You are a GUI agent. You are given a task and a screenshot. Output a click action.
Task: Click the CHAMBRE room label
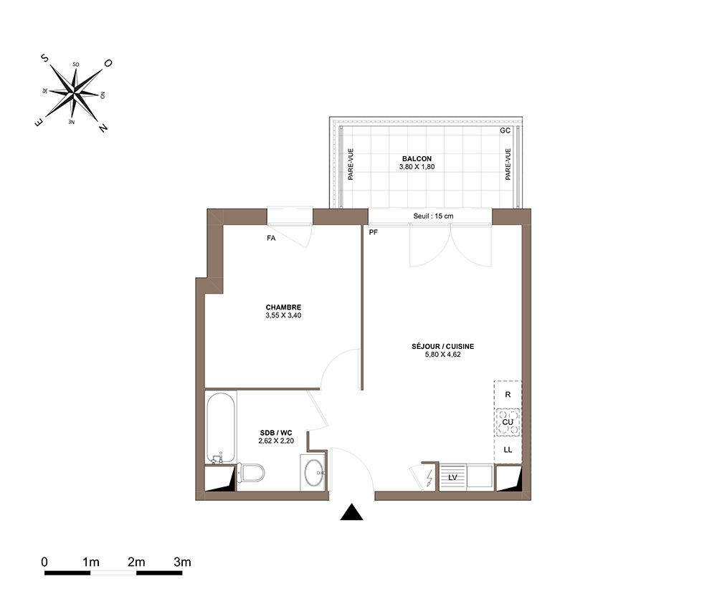click(x=283, y=307)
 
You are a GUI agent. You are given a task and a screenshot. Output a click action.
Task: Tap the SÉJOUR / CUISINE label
click(x=442, y=347)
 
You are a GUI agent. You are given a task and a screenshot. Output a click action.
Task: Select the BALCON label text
click(x=417, y=159)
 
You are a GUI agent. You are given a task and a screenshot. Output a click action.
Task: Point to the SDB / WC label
click(x=276, y=433)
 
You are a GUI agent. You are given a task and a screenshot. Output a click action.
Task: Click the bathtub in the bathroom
click(x=221, y=428)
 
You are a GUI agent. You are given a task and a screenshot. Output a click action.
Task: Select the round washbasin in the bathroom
click(x=314, y=473)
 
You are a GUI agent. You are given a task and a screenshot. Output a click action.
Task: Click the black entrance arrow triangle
click(x=351, y=512)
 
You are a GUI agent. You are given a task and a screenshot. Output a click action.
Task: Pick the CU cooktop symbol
click(x=508, y=422)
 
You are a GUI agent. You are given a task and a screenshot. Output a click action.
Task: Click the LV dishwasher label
click(x=452, y=478)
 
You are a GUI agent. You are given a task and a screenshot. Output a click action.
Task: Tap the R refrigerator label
click(x=508, y=395)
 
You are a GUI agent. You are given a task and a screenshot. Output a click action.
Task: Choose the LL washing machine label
click(x=508, y=450)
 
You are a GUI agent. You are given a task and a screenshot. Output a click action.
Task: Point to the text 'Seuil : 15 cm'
click(x=433, y=216)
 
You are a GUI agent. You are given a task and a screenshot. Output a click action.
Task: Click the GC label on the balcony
click(x=505, y=130)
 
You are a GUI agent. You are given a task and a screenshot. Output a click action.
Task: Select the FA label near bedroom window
click(x=271, y=238)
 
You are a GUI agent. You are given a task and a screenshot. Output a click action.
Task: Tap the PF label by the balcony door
click(x=373, y=232)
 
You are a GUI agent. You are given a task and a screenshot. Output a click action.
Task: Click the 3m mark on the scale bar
click(x=182, y=562)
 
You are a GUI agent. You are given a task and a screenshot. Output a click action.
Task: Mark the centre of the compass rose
click(x=74, y=93)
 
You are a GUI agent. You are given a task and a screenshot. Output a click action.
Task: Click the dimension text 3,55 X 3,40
click(x=283, y=315)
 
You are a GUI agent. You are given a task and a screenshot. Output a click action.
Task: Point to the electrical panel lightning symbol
click(x=429, y=477)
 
